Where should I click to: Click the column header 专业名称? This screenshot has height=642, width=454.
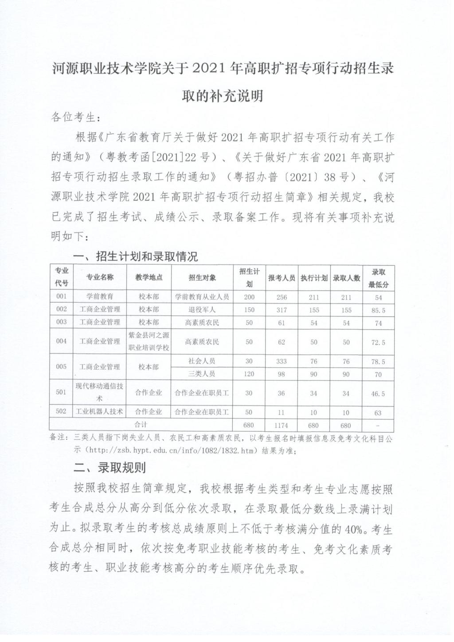100,277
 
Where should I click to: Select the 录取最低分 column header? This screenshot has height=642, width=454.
378,278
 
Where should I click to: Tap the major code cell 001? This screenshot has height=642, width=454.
62,296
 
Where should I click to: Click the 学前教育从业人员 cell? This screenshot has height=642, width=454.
202,297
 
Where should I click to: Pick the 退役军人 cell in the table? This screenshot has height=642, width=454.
202,310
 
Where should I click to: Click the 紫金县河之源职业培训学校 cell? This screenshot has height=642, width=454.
149,342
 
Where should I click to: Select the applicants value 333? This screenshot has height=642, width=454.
281,362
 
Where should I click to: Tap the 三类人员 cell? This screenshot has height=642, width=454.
202,374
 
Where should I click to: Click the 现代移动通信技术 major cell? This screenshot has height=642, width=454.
100,392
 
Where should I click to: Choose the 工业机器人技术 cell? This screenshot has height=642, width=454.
100,412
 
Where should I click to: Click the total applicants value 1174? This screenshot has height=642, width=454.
281,425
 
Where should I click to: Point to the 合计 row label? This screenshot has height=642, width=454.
141,425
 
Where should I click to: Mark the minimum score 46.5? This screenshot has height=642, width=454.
378,394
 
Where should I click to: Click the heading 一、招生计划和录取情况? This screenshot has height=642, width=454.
136,256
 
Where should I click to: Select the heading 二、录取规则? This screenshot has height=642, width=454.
110,468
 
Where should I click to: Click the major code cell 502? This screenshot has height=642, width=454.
62,411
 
